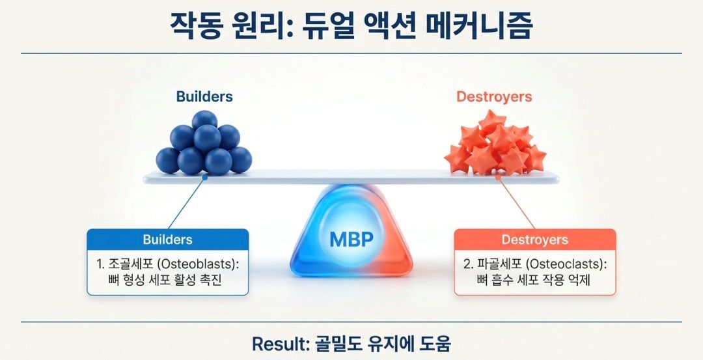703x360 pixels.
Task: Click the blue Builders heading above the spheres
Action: pyautogui.click(x=204, y=97)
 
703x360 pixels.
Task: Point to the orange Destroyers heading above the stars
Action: pyautogui.click(x=494, y=97)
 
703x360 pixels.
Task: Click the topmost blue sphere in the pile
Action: pyautogui.click(x=204, y=120)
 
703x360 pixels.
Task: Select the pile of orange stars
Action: pyautogui.click(x=495, y=145)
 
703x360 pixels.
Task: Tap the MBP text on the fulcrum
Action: pyautogui.click(x=351, y=239)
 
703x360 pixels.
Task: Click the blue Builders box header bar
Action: pyautogui.click(x=168, y=240)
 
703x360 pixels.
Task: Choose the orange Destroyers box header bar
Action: pyautogui.click(x=534, y=240)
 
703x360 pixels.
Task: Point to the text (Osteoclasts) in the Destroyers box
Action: pyautogui.click(x=566, y=265)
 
